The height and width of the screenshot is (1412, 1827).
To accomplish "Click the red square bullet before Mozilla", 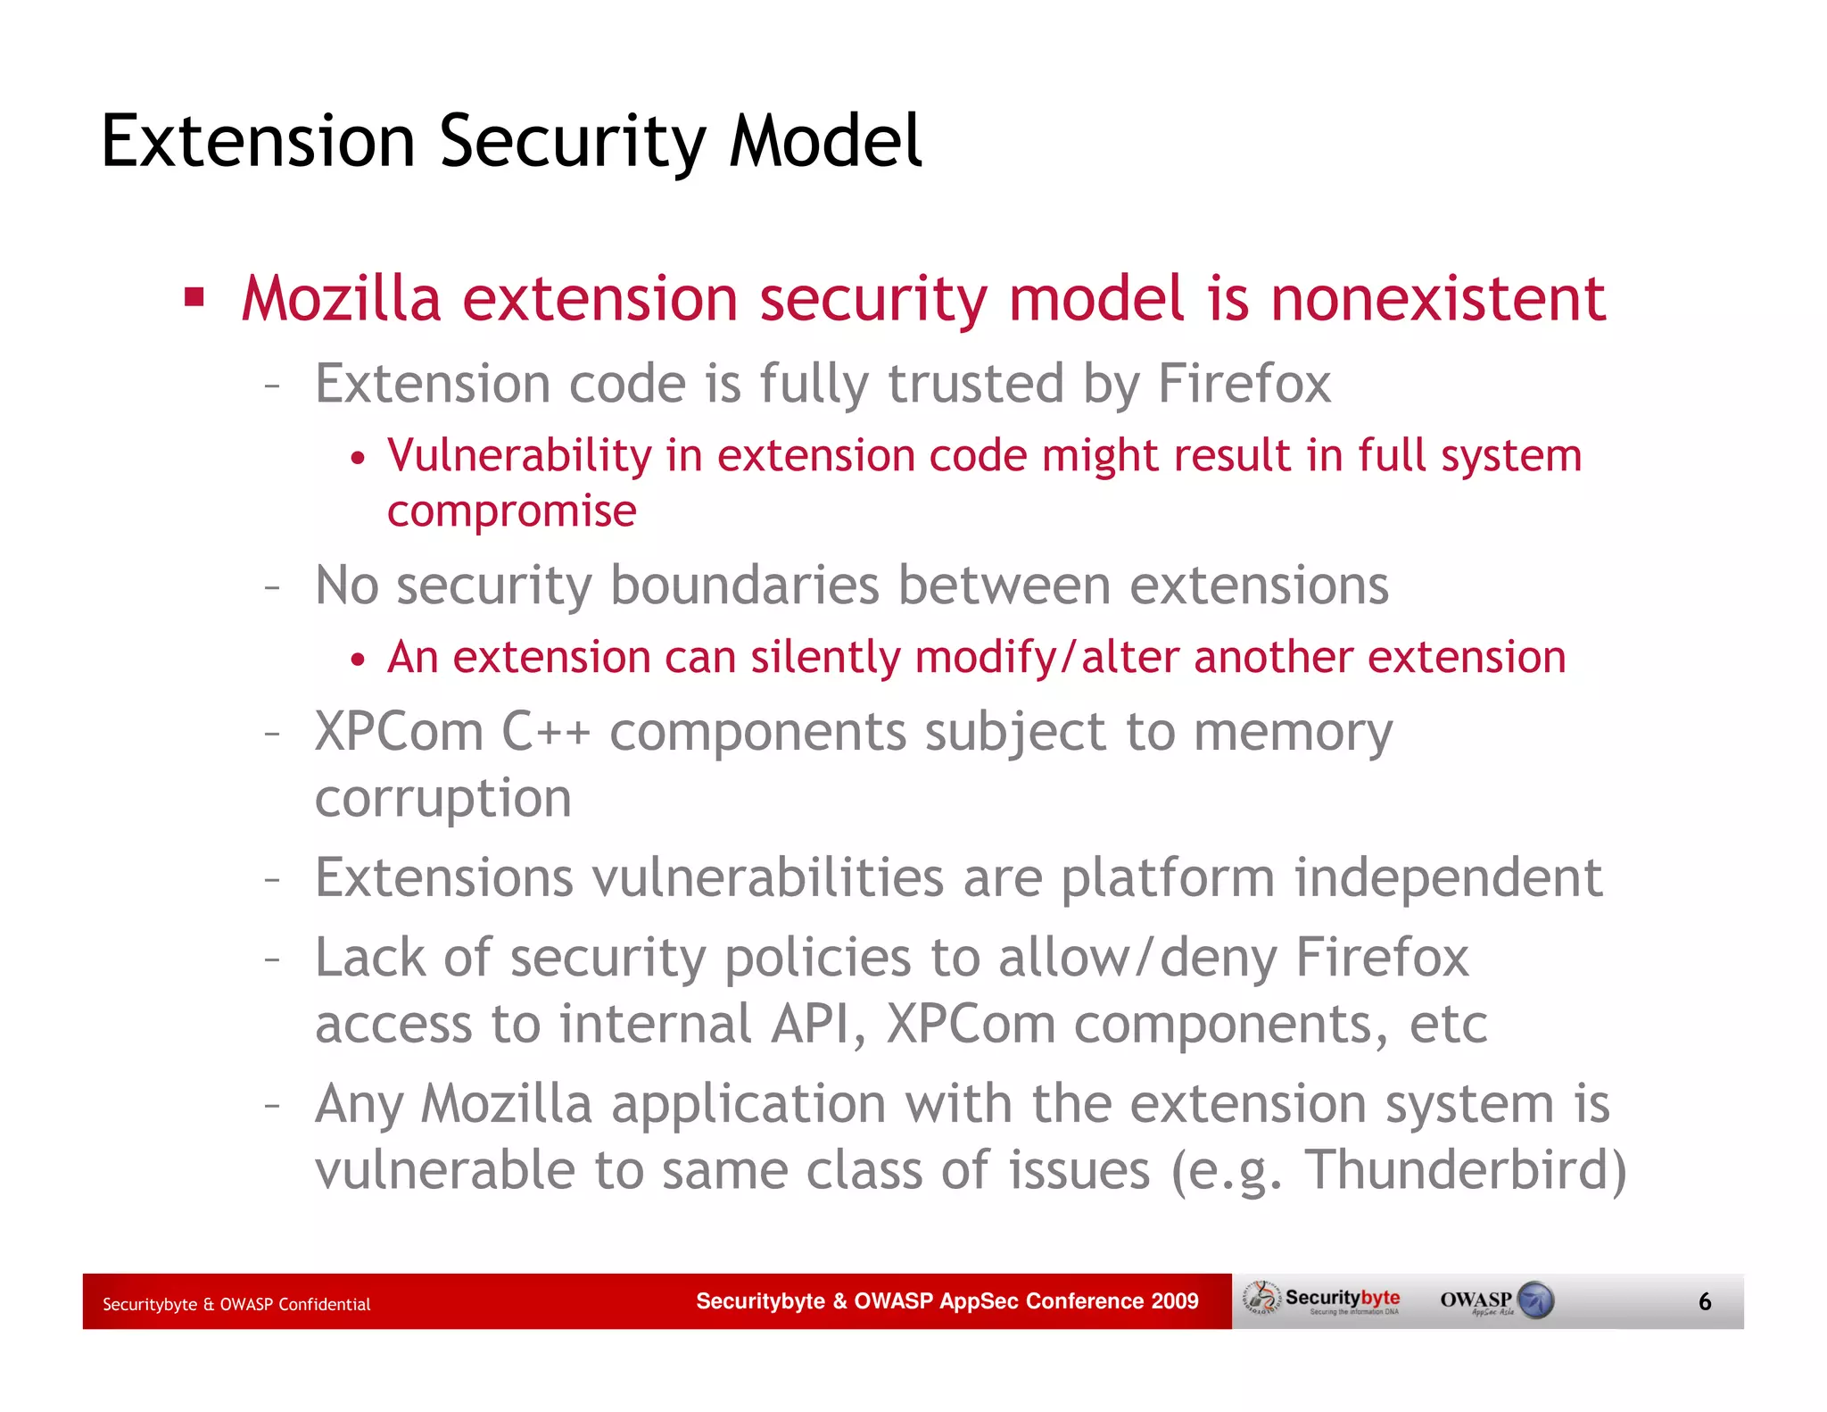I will [x=194, y=297].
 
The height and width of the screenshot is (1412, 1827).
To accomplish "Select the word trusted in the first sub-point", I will [x=976, y=384].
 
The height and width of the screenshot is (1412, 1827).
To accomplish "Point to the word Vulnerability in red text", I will [x=519, y=456].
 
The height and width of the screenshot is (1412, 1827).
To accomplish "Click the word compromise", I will [x=511, y=511].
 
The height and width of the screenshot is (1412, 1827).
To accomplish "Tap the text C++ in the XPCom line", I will [x=546, y=732].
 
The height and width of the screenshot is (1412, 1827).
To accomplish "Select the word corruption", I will [x=443, y=798].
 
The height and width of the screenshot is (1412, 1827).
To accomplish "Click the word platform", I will [x=1168, y=877].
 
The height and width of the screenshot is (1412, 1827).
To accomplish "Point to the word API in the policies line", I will [x=810, y=1024].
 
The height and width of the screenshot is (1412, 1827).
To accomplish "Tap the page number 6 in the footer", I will [x=1704, y=1302].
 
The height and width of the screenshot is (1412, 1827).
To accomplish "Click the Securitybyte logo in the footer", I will [x=1324, y=1300].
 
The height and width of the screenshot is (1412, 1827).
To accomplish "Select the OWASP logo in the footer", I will [x=1496, y=1300].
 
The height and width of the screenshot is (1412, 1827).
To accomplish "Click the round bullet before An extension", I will [x=358, y=660].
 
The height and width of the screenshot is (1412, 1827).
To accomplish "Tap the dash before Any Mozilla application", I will [x=273, y=1106].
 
